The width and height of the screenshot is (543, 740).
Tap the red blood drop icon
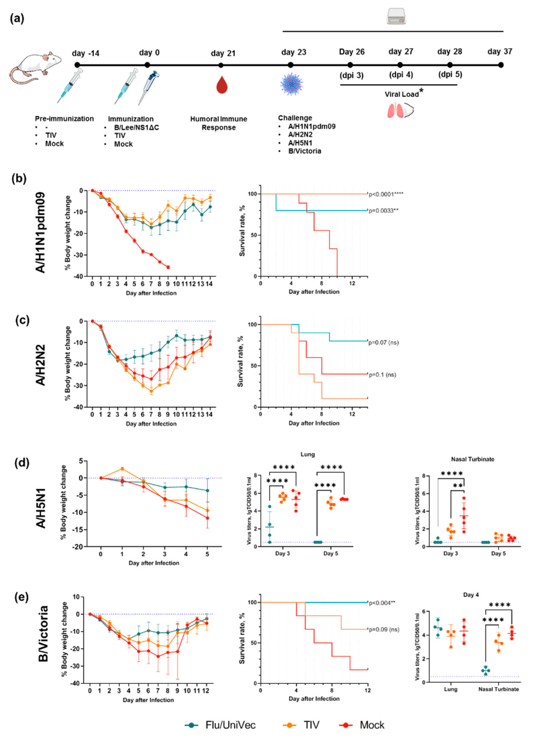coord(222,85)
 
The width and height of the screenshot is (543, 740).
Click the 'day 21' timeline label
coord(223,53)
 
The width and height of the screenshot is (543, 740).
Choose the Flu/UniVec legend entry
coord(220,725)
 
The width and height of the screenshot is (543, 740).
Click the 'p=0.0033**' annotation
coord(383,210)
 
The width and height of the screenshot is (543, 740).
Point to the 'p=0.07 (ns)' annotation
coord(383,343)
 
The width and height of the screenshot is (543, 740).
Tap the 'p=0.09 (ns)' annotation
coord(384,630)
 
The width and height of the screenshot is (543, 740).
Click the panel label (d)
coord(22,463)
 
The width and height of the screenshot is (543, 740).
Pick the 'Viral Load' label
coord(402,95)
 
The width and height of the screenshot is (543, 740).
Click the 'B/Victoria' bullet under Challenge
coord(304,151)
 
